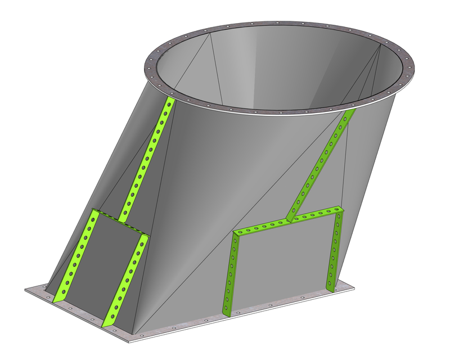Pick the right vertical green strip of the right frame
tap(335, 247)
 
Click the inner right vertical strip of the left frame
tap(126, 281)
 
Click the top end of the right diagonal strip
tap(350, 113)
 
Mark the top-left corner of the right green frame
tap(236, 232)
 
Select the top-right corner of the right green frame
tap(340, 209)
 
